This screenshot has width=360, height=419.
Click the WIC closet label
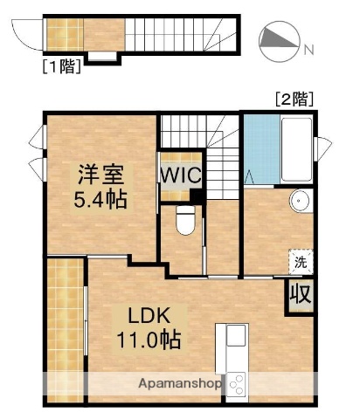(180, 174)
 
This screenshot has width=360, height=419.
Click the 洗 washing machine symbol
(300, 260)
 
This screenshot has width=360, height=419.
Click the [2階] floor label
(293, 99)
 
